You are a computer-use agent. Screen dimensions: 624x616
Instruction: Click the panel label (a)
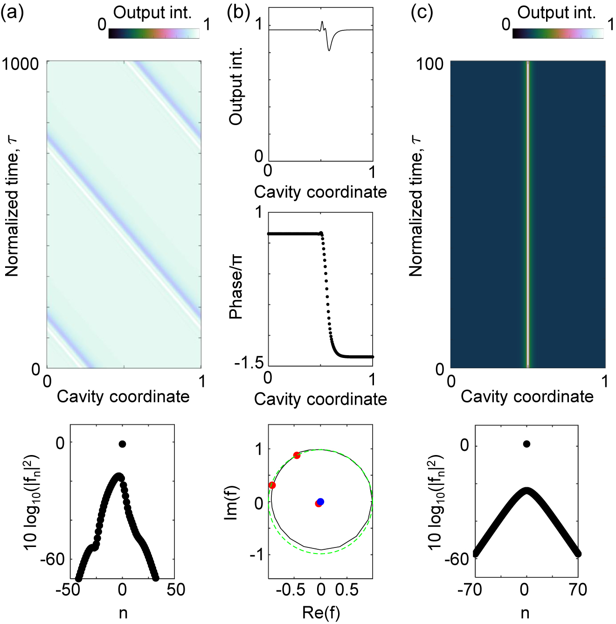[x=12, y=13]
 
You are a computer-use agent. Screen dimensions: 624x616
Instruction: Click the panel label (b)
[x=238, y=13]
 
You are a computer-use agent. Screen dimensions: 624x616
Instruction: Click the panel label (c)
[x=422, y=13]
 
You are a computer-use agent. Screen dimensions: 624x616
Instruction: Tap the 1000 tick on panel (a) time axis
[x=21, y=64]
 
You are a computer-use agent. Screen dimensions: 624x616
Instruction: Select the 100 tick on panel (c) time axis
[x=429, y=64]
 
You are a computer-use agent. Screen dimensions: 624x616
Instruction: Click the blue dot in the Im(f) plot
[x=320, y=502]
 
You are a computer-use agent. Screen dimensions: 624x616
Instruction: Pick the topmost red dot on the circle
[x=297, y=455]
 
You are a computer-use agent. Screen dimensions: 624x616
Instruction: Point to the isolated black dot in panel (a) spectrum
[x=122, y=444]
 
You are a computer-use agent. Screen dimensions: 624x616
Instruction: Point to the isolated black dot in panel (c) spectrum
[x=526, y=444]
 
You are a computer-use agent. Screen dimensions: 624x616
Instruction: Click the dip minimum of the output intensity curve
[x=329, y=50]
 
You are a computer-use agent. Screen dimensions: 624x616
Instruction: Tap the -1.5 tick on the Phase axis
[x=249, y=363]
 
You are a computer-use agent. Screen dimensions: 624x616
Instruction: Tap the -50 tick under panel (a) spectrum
[x=68, y=590]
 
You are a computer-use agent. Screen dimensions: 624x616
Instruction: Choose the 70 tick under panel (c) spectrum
[x=578, y=590]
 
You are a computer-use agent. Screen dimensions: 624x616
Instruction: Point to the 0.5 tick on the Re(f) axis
[x=347, y=590]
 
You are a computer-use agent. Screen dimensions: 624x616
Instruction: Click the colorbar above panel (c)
[x=558, y=34]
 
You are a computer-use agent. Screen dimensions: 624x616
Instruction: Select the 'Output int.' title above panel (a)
[x=152, y=13]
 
